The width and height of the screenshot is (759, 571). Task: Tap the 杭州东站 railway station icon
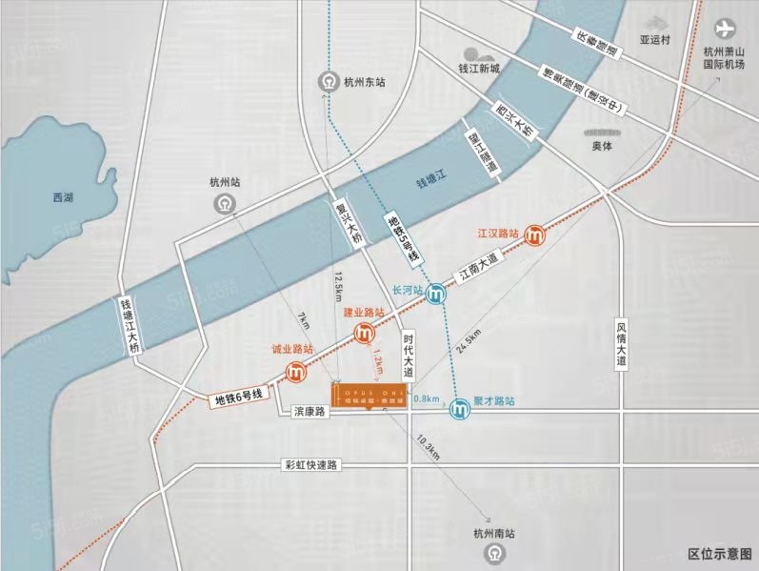pyautogui.click(x=329, y=83)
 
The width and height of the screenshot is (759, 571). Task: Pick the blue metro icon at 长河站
pyautogui.click(x=436, y=294)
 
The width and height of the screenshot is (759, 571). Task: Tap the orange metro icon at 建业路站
pyautogui.click(x=363, y=333)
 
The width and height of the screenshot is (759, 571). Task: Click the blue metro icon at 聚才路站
pyautogui.click(x=459, y=407)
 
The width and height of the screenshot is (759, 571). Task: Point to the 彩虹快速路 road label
pyautogui.click(x=311, y=465)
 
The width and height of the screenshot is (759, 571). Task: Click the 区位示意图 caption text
pyautogui.click(x=719, y=554)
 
